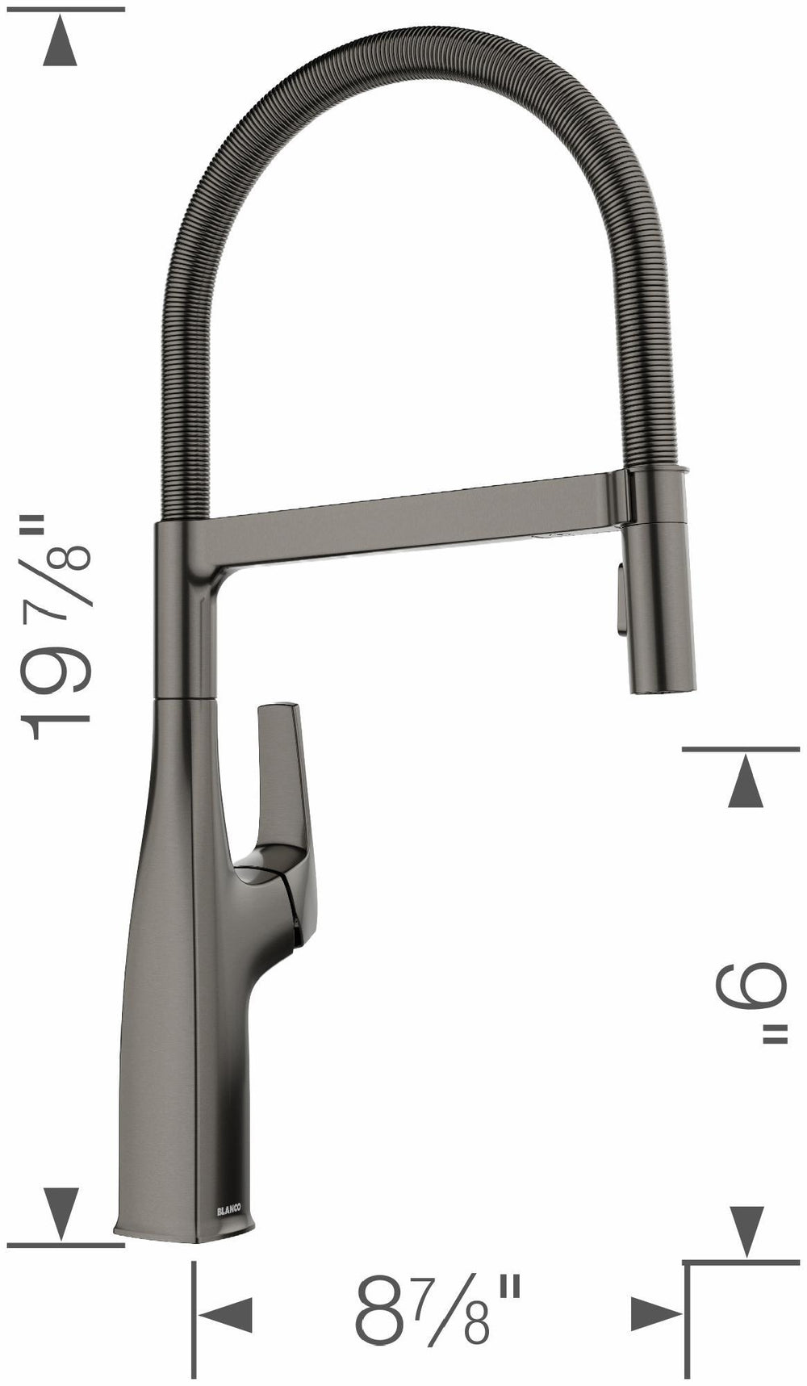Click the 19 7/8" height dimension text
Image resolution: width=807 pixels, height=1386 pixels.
click(x=56, y=630)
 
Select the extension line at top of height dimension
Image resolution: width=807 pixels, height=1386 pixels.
click(x=65, y=9)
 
